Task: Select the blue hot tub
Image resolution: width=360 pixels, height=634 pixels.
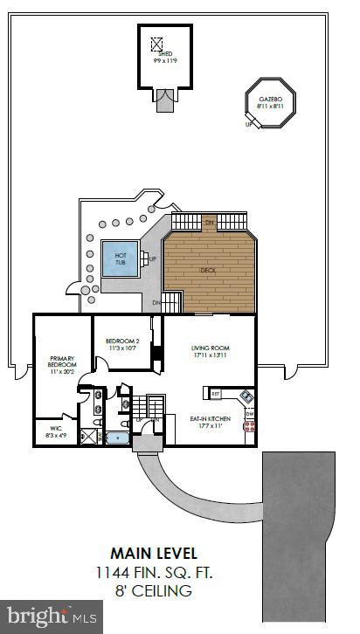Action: [x=118, y=258]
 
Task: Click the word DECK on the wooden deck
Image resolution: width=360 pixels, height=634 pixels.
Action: [x=208, y=270]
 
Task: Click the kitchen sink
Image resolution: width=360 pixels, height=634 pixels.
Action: [x=247, y=398]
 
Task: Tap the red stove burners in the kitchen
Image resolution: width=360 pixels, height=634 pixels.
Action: [x=250, y=426]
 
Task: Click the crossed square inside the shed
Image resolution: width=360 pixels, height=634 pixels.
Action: [x=157, y=43]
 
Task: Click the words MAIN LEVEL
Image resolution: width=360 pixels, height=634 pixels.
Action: [x=154, y=552]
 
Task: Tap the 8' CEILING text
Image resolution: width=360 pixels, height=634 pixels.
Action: [x=154, y=591]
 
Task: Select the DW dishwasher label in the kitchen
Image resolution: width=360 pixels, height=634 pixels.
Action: [x=249, y=413]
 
